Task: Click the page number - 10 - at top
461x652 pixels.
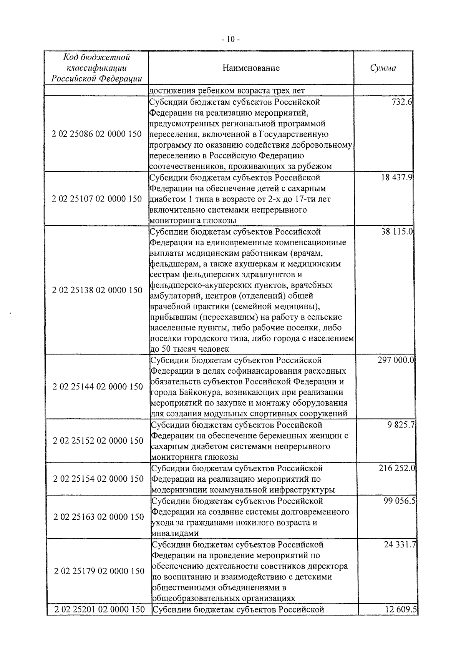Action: tap(230, 39)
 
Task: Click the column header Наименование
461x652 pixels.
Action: tap(251, 68)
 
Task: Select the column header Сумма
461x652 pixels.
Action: tap(383, 68)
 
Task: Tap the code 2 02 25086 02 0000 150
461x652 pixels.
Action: tap(96, 134)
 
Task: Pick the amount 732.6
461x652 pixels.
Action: tap(402, 102)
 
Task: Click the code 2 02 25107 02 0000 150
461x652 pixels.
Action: tap(96, 199)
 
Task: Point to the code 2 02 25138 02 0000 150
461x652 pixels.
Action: tap(97, 290)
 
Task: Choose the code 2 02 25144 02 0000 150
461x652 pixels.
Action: tap(98, 387)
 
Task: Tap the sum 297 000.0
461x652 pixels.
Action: tap(396, 360)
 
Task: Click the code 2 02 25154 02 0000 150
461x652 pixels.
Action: tap(98, 479)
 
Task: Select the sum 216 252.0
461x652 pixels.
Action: tap(397, 468)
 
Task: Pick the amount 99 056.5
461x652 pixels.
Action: tap(400, 501)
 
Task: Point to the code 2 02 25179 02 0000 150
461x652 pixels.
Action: tap(99, 571)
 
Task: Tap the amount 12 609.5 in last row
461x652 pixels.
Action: tap(401, 610)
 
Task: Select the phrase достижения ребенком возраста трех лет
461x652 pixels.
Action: tap(227, 91)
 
